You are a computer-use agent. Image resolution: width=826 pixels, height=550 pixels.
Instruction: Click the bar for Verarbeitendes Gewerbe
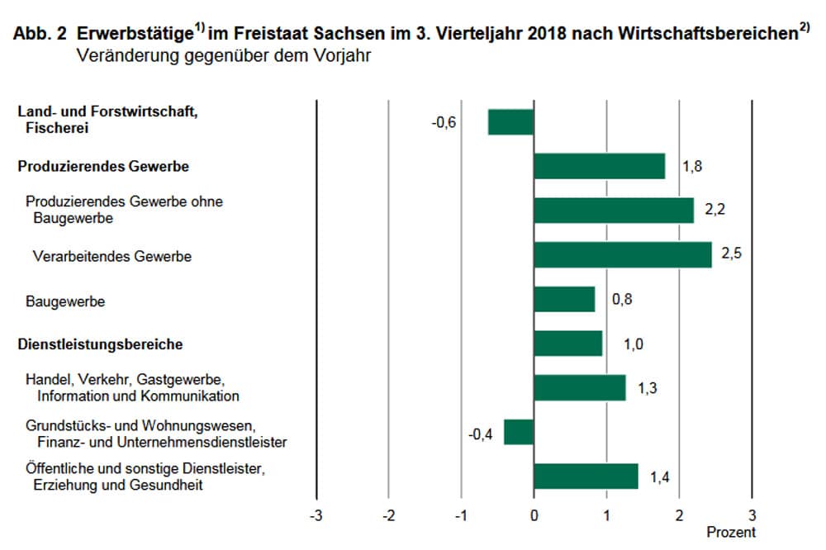(x=622, y=255)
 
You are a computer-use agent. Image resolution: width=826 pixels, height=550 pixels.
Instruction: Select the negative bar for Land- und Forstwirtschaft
(x=510, y=122)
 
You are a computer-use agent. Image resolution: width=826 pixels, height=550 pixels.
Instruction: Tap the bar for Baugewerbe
(x=564, y=300)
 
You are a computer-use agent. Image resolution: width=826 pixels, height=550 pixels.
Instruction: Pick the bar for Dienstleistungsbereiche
(x=568, y=344)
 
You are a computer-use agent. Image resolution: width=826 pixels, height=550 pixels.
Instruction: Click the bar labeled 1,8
(x=599, y=166)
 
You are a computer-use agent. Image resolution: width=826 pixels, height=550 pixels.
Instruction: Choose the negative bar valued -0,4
(x=519, y=432)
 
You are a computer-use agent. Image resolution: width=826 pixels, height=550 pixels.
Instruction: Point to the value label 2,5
(x=731, y=254)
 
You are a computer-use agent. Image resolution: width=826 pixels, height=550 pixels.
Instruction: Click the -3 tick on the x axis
(x=316, y=516)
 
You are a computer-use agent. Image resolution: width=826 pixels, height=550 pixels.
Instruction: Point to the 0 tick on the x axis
(x=534, y=516)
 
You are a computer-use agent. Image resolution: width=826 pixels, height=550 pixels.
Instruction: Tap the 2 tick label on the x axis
(x=679, y=516)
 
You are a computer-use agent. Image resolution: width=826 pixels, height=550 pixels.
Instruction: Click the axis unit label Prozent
(x=730, y=533)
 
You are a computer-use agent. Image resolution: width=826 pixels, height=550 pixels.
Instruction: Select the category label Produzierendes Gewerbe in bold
(x=103, y=167)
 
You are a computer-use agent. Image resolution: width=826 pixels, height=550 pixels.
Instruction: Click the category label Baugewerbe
(x=65, y=301)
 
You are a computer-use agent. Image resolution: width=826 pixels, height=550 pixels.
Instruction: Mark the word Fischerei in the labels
(x=56, y=128)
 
